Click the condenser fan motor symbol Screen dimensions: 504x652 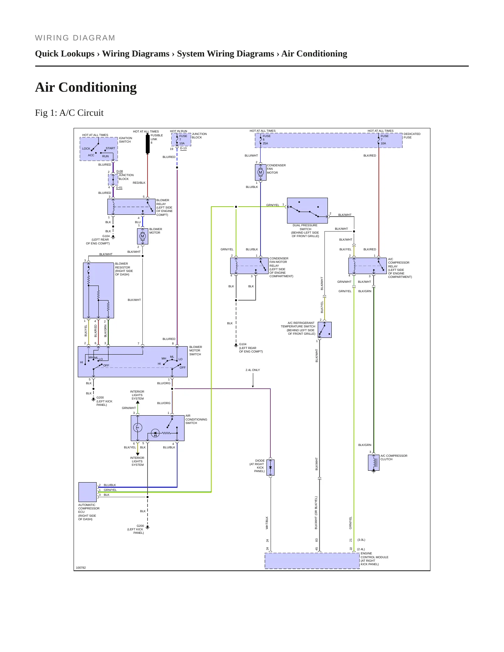pos(261,172)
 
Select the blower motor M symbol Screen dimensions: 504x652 pos(142,236)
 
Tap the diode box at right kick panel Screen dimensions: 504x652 pos(270,468)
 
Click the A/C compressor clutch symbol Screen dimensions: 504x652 pos(374,462)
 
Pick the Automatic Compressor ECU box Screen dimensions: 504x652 pos(88,492)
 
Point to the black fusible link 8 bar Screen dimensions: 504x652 pos(148,144)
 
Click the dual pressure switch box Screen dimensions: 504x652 pos(307,211)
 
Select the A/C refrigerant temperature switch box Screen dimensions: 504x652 pos(325,330)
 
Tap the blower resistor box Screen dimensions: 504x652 pos(98,290)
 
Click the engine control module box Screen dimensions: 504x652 pos(312,561)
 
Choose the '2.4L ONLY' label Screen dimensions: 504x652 pos(253,370)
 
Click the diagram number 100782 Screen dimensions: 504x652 pos(81,568)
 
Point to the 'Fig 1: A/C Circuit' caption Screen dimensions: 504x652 pos(69,113)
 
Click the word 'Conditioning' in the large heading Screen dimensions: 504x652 pos(98,87)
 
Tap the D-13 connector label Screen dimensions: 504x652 pos(183,148)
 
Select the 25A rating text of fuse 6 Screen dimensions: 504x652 pos(265,143)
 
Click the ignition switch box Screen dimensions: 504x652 pos(99,149)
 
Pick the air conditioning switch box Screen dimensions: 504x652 pos(158,428)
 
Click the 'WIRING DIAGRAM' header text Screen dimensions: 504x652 pos(75,38)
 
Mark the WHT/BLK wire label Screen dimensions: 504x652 pos(267,523)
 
